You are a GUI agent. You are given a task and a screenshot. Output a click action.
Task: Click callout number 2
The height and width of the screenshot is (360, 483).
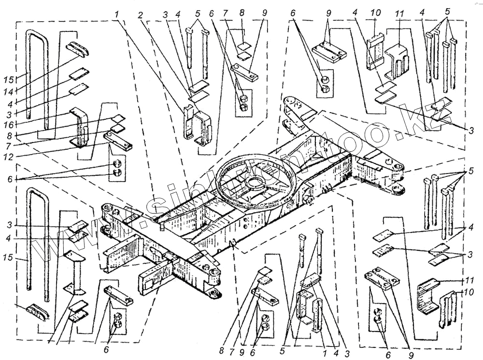click(x=140, y=15)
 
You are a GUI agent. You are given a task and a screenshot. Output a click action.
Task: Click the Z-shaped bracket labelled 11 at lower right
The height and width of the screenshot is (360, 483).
click(x=427, y=295)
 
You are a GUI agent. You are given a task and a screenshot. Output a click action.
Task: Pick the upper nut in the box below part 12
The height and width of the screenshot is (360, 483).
click(x=116, y=164)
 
